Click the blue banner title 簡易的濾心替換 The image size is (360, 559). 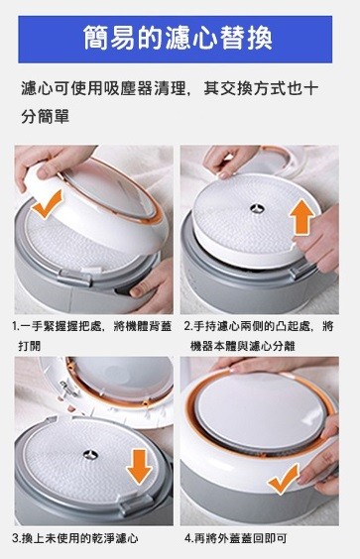tap(178, 38)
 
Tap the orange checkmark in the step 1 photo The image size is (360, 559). tap(47, 206)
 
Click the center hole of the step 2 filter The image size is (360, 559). tap(257, 208)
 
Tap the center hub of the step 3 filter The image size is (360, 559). tap(90, 455)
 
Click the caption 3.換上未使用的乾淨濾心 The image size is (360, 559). tap(75, 538)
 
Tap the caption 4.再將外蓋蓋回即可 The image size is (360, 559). tap(235, 538)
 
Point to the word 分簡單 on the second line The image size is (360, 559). tap(45, 117)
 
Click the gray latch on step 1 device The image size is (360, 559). tap(76, 278)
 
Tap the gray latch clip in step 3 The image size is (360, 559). tap(133, 505)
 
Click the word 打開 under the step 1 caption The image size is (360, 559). tap(30, 346)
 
